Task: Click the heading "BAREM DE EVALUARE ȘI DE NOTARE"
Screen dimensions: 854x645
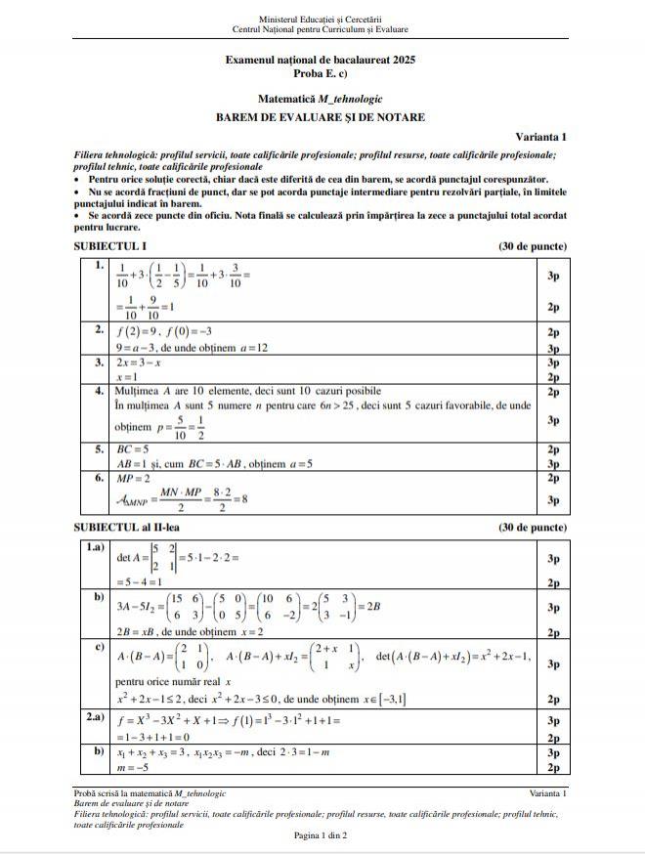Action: click(321, 117)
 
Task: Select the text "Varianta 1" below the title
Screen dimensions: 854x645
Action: click(540, 138)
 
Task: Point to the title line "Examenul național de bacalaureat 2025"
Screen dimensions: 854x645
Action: click(321, 61)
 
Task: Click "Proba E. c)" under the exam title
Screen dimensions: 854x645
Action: click(321, 74)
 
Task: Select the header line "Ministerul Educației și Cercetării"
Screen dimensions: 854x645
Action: click(321, 19)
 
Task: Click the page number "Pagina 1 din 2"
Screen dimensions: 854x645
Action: click(321, 835)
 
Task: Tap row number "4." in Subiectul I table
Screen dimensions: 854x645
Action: click(100, 391)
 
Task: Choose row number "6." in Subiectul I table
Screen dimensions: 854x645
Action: click(100, 479)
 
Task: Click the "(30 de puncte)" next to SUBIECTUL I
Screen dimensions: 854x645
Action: click(533, 246)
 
